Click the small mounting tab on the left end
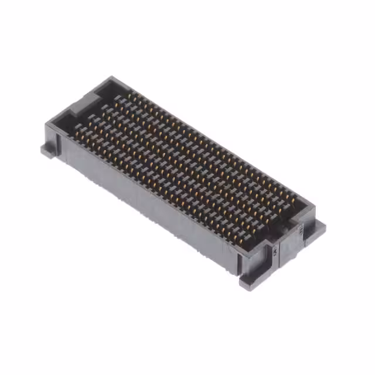49,150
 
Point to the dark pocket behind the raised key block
103,88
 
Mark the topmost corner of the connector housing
111,77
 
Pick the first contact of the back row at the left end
117,97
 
